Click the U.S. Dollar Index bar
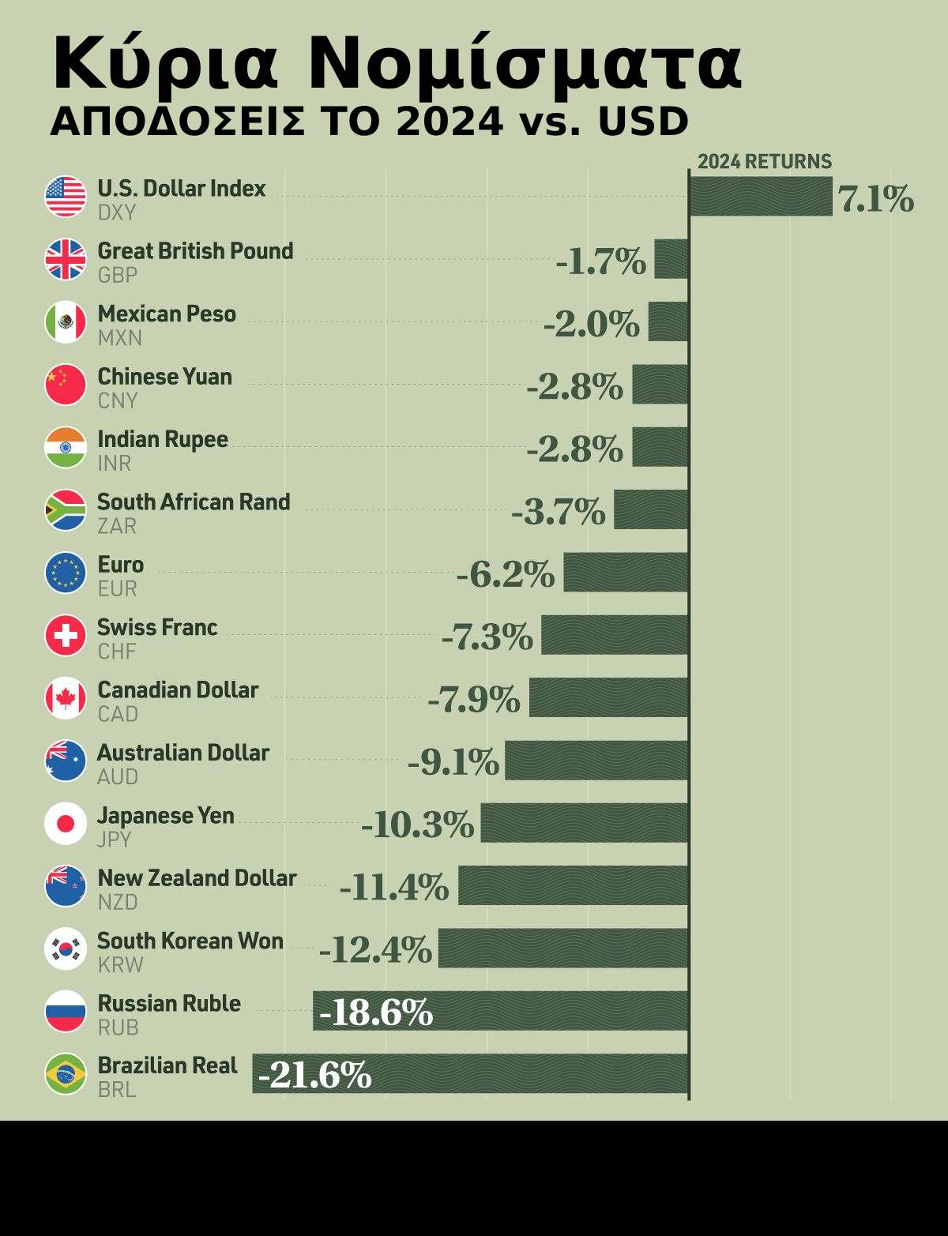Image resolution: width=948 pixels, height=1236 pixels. (761, 196)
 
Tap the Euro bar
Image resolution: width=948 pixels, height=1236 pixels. (626, 572)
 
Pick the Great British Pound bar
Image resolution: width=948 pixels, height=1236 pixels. (671, 259)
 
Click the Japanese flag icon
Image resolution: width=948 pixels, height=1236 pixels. (66, 824)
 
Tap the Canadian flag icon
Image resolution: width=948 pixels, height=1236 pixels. (66, 698)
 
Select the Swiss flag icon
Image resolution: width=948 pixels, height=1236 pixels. (66, 636)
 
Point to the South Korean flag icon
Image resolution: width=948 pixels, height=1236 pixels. (66, 949)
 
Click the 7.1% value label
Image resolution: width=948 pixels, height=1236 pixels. (876, 199)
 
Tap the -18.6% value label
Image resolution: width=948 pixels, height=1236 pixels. (378, 1012)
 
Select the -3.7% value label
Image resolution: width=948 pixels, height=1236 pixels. (559, 512)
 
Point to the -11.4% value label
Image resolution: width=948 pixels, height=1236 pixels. (394, 888)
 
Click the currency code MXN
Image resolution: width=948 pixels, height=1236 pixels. (120, 338)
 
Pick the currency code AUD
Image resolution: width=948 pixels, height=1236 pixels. (118, 777)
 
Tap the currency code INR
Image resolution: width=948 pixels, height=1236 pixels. (115, 464)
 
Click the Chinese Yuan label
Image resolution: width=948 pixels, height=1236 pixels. (164, 377)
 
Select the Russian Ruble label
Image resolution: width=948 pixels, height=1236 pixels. (169, 1003)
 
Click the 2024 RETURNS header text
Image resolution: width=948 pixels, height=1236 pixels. (765, 162)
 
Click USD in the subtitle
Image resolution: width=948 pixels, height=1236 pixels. (643, 122)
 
